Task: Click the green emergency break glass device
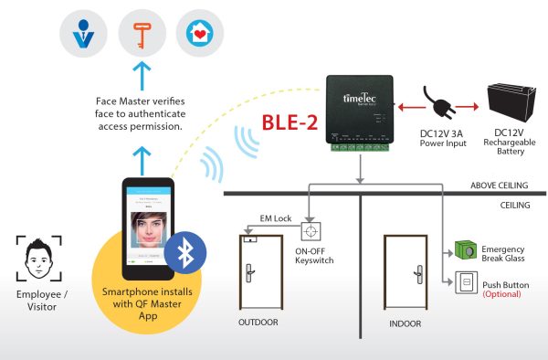click(465, 250)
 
